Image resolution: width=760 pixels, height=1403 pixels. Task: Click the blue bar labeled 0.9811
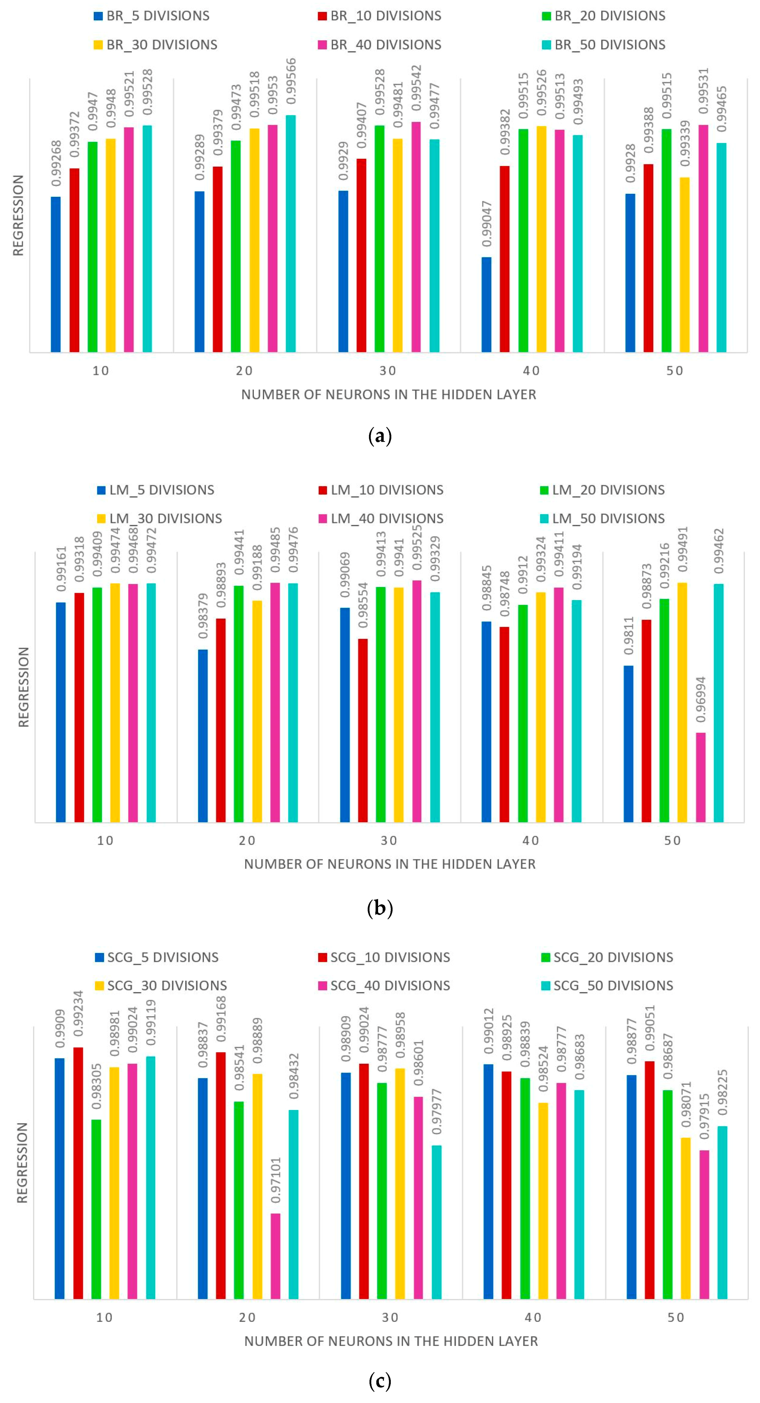(x=629, y=744)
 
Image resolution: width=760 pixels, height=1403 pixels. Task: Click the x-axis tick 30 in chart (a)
(x=388, y=371)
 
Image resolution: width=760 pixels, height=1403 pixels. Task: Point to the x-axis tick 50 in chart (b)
(x=672, y=841)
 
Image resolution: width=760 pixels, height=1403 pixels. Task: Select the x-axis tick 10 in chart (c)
(x=105, y=1317)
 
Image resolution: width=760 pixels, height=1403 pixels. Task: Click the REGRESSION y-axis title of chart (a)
(x=18, y=215)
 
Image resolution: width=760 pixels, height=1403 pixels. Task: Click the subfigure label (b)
(x=380, y=908)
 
